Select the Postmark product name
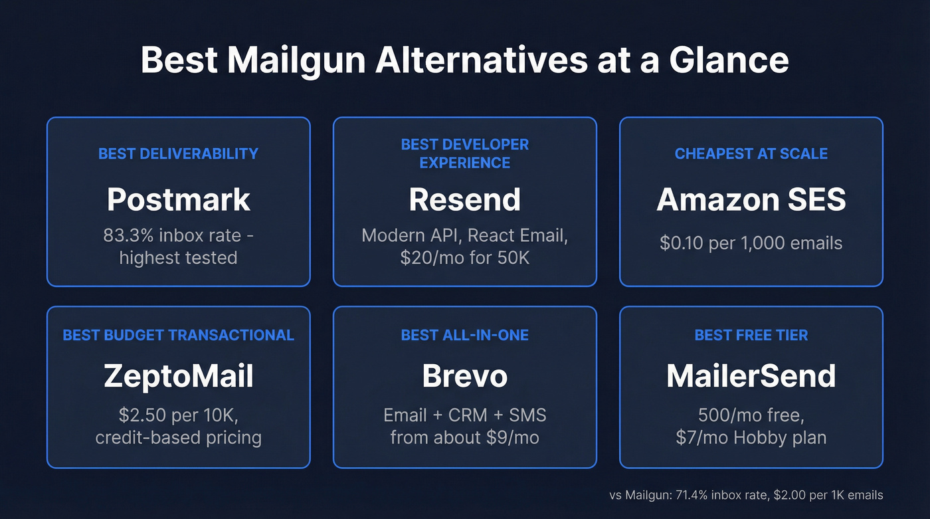[178, 199]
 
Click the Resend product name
[464, 199]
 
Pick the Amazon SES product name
[751, 199]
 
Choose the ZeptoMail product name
[178, 376]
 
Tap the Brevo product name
[464, 376]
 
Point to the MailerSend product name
[751, 376]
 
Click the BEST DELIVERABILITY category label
[178, 154]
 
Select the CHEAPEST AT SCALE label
[751, 154]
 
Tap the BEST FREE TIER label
[751, 335]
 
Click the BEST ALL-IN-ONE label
[464, 335]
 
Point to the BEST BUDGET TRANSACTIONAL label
[178, 335]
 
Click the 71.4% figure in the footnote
[696, 495]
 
